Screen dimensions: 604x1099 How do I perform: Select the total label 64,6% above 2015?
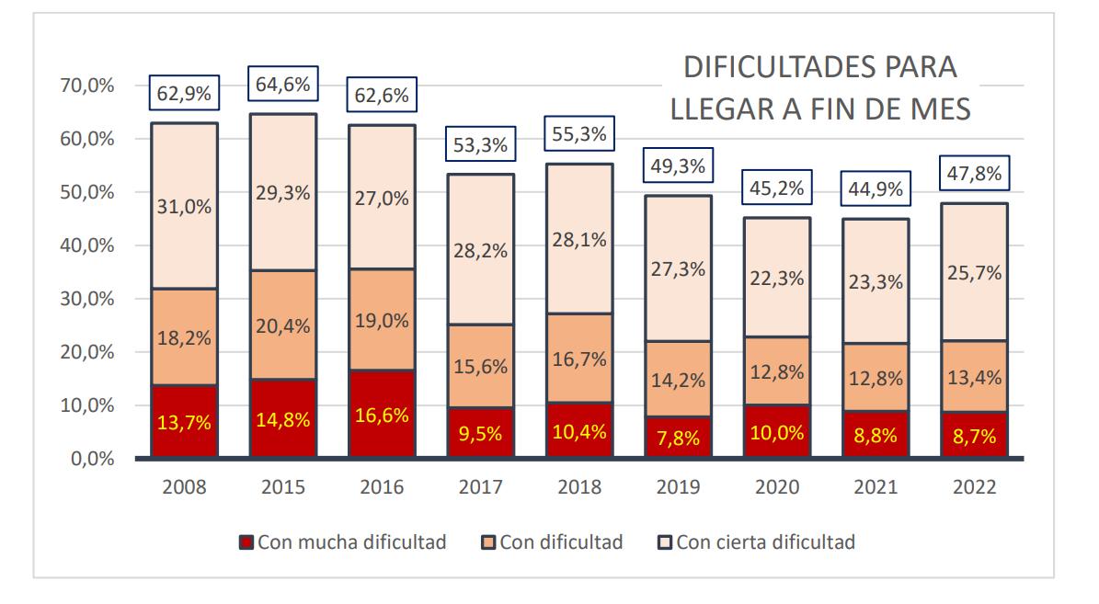tap(282, 85)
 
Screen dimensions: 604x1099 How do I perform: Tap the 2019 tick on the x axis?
tap(677, 488)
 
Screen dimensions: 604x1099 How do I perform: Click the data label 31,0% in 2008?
tap(184, 207)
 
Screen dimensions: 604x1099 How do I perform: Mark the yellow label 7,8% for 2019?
tap(677, 439)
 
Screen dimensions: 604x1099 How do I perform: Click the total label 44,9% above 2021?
tap(875, 190)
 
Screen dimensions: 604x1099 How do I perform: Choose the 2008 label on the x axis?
tap(184, 488)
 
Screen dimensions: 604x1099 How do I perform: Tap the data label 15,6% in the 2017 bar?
tap(480, 366)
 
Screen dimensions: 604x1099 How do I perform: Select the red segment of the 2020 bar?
tap(776, 432)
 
